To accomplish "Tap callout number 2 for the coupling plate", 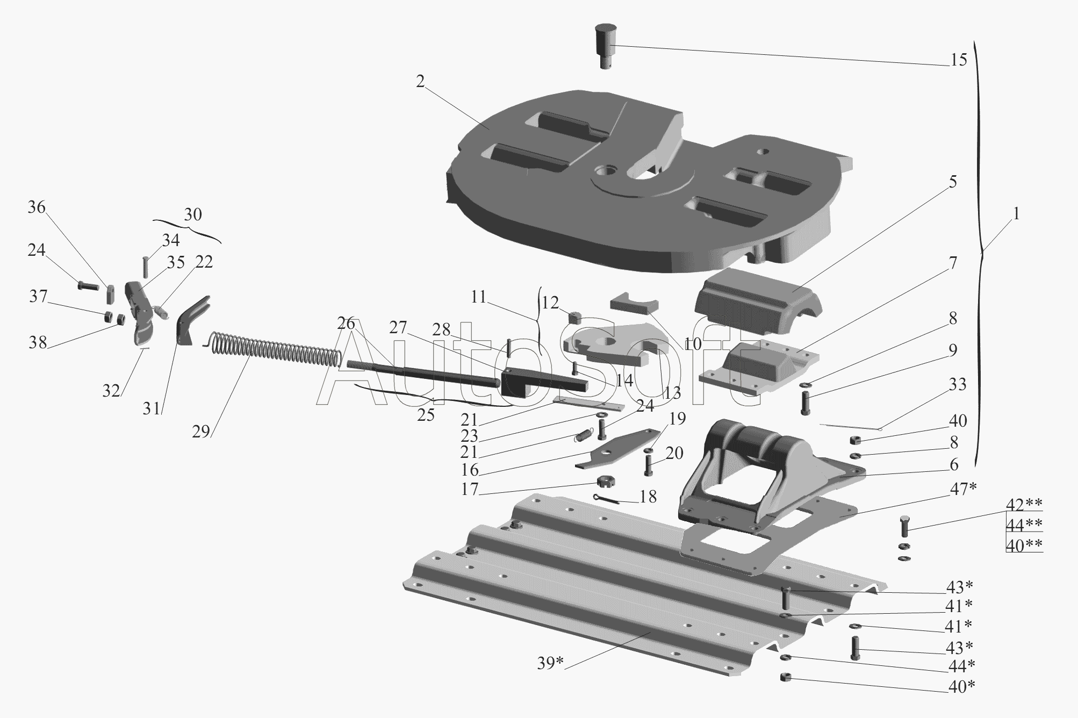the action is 420,81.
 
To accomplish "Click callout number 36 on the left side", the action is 37,207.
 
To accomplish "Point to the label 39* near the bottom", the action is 550,664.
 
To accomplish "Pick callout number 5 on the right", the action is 953,182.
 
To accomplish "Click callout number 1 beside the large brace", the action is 1016,214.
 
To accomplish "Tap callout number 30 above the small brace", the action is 193,214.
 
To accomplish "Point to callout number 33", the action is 958,384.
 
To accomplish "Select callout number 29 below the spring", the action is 201,432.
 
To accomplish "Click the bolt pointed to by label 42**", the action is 904,526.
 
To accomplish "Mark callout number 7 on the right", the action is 953,263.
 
